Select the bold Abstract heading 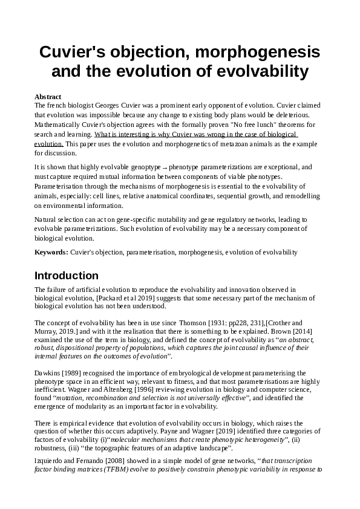tap(48, 97)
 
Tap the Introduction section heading tap(67, 276)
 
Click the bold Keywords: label tap(51, 251)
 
